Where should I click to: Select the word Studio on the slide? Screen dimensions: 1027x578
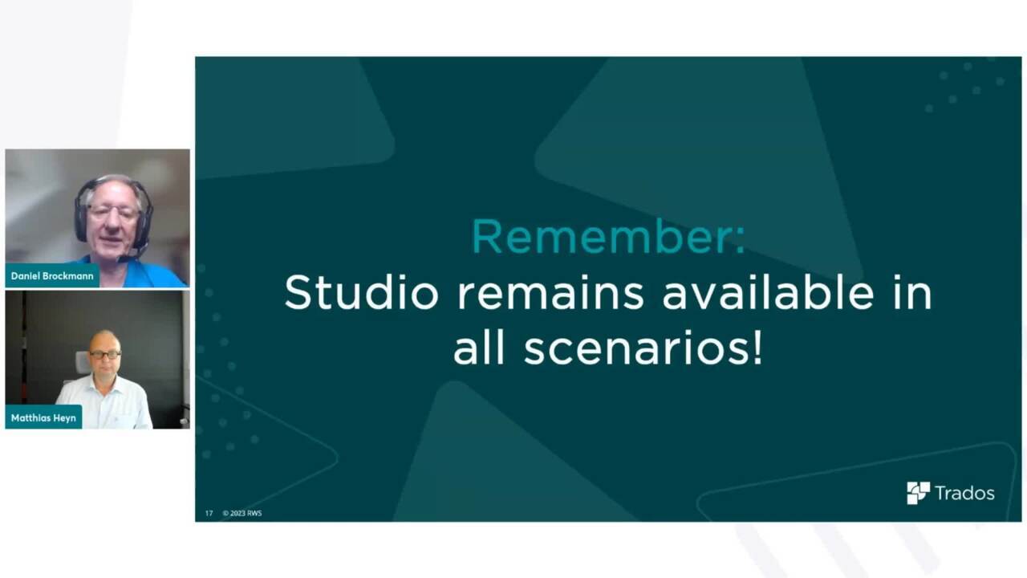pyautogui.click(x=362, y=292)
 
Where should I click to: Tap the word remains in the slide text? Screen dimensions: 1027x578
pyautogui.click(x=550, y=294)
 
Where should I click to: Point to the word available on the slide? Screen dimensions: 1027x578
pyautogui.click(x=769, y=292)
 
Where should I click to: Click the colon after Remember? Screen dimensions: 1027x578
pyautogui.click(x=740, y=242)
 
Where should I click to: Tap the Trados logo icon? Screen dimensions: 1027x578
pyautogui.click(x=918, y=493)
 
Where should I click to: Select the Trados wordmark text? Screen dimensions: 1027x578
pyautogui.click(x=964, y=494)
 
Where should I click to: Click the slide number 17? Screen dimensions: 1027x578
pyautogui.click(x=209, y=513)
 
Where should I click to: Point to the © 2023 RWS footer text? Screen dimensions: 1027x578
pyautogui.click(x=242, y=513)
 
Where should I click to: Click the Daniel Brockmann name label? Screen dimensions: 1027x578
pyautogui.click(x=52, y=276)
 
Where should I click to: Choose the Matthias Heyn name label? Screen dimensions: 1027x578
pyautogui.click(x=43, y=418)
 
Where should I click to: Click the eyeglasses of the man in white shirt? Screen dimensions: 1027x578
pyautogui.click(x=105, y=355)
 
